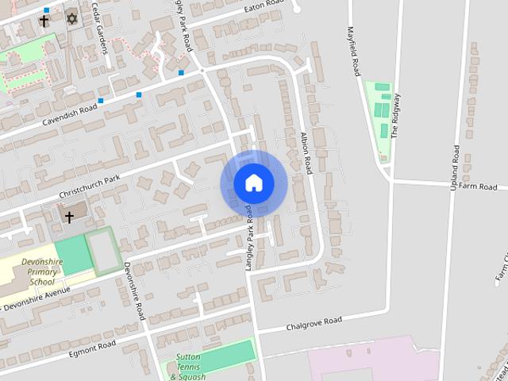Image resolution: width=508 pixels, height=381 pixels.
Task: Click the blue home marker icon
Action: click(253, 183)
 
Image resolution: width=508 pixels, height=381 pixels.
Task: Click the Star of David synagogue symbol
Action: click(72, 18)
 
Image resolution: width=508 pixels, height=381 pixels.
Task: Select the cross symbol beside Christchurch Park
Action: click(69, 217)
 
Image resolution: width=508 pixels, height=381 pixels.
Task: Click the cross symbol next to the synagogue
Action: click(44, 21)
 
